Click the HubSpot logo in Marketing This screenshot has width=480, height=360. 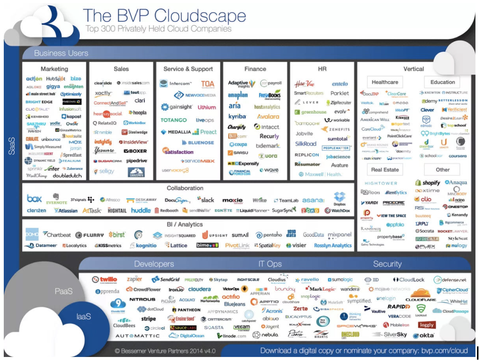pos(56,79)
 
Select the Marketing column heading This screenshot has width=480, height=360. pos(54,69)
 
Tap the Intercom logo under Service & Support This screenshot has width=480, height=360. pos(175,83)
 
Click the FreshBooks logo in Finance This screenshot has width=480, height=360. pos(270,95)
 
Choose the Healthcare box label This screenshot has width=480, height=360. pos(385,82)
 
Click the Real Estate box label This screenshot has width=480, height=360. pos(385,170)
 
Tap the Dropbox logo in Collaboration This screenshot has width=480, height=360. pos(340,199)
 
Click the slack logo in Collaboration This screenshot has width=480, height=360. pos(206,200)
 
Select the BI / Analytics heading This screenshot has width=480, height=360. pos(185,224)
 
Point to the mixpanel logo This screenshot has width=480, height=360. pos(339,235)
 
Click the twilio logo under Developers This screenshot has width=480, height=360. pos(105,280)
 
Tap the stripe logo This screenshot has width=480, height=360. pos(149,319)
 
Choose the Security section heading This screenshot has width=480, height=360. pos(387,264)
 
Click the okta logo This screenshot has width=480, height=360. pos(424,335)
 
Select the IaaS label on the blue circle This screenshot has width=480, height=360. pos(84,317)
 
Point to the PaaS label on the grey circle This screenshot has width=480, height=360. pos(63,291)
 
